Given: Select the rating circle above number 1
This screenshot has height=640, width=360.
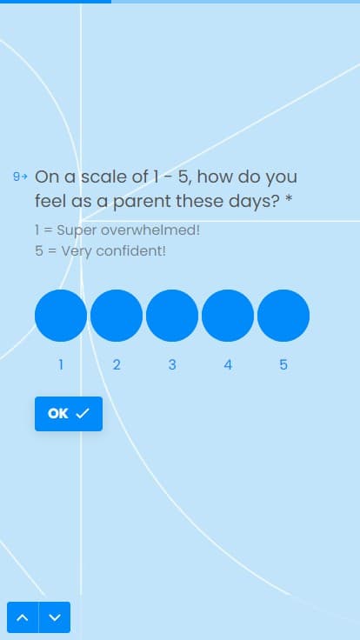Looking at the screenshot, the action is [x=61, y=316].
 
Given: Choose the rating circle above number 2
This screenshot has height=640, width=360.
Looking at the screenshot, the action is [x=117, y=316].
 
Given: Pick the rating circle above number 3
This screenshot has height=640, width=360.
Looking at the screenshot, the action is [x=172, y=316].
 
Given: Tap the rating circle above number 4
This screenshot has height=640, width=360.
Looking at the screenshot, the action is [x=228, y=316].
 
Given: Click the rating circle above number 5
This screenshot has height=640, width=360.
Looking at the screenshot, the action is [x=283, y=316].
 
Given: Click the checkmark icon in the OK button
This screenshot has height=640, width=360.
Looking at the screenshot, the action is [x=83, y=414].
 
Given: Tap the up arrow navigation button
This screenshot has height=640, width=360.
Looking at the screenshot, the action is [x=23, y=617].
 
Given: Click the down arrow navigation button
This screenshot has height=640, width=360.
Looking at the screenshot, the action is [x=55, y=617].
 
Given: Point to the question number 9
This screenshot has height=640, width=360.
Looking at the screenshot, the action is [x=17, y=177].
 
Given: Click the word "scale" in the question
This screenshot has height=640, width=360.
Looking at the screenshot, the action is [x=104, y=177].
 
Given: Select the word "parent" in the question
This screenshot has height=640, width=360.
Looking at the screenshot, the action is [x=139, y=201].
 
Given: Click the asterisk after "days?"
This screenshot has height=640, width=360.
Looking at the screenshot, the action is [x=289, y=199].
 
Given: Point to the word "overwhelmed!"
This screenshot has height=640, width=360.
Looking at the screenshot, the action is [x=150, y=230].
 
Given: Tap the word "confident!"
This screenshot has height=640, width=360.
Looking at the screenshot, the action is [x=130, y=250].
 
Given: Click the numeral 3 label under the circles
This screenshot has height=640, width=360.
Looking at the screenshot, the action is [x=172, y=364].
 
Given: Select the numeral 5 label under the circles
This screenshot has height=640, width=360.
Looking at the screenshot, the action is [x=283, y=364].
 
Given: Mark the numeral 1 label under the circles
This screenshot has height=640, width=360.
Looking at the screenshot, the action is [x=61, y=364].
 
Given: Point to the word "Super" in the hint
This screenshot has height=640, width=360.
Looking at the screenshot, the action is [x=77, y=231].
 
